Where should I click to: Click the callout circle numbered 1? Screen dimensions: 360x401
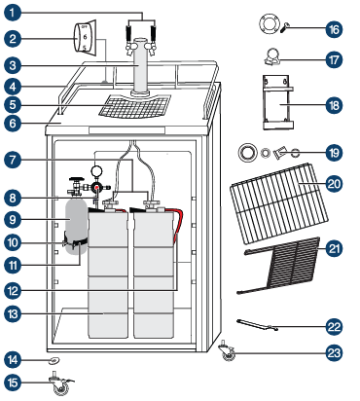tap(13, 14)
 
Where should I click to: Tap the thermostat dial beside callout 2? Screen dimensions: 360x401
tap(86, 37)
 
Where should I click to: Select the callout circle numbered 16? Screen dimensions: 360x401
tap(334, 29)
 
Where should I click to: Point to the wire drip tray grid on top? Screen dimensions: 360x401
tap(134, 106)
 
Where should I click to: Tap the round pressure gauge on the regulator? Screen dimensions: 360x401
tap(96, 170)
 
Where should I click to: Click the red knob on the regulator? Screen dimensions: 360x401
tap(96, 188)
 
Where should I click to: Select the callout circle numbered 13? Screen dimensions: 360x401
tap(13, 314)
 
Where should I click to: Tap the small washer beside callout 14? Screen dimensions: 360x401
tap(54, 359)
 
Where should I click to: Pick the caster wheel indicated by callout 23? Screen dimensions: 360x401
tap(227, 351)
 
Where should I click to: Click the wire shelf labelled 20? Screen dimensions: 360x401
tap(279, 203)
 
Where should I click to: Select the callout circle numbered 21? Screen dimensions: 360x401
tap(334, 249)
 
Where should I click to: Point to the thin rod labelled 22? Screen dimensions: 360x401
tap(257, 325)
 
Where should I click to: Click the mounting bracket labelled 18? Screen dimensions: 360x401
tap(278, 102)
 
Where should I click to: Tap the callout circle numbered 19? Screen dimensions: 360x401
tap(334, 153)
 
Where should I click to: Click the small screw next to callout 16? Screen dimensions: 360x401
tap(283, 28)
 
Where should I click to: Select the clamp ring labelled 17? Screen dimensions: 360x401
tap(272, 56)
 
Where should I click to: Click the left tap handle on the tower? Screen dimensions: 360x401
tap(128, 33)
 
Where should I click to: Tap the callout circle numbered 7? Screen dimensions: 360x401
tap(13, 160)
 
